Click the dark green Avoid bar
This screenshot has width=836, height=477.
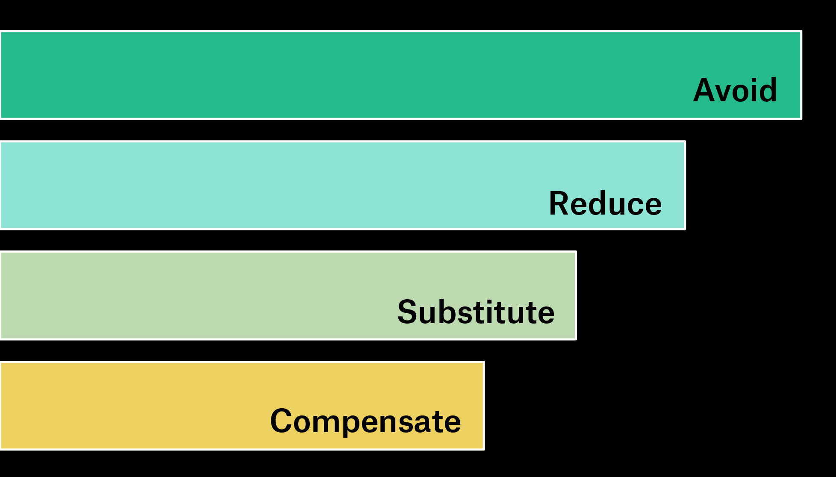(x=400, y=75)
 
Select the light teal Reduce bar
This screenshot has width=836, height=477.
(x=342, y=185)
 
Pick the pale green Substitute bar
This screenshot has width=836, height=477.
(x=288, y=295)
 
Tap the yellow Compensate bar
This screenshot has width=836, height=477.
(x=242, y=406)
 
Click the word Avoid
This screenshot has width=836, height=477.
(x=735, y=90)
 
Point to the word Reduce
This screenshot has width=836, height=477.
(x=605, y=203)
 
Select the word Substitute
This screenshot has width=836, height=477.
(x=476, y=312)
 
